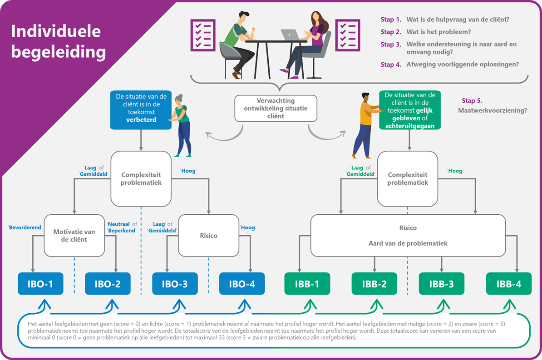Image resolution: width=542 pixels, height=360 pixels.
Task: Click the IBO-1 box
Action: coord(40,284)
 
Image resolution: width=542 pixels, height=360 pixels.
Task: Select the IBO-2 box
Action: coord(108,284)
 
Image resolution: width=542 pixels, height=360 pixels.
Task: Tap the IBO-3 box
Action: coord(175,284)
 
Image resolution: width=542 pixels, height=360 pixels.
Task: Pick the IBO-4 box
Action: coord(241,284)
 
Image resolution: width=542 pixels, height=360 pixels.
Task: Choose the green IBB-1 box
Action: coord(307,284)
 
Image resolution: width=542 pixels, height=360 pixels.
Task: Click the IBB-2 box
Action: coord(374,284)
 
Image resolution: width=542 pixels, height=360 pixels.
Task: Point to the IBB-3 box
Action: coord(441,284)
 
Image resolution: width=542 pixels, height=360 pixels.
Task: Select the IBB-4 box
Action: coord(508,284)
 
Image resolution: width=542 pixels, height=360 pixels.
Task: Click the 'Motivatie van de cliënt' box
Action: coord(74,236)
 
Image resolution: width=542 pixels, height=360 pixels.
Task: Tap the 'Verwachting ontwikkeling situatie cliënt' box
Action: coord(276,108)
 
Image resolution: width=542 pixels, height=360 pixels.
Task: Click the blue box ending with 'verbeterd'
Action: coord(141,110)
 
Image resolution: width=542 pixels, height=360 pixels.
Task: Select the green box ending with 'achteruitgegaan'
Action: coord(410,110)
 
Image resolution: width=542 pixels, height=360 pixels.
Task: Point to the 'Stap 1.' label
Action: coord(391,20)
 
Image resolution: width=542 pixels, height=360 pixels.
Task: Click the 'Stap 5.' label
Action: coord(472,101)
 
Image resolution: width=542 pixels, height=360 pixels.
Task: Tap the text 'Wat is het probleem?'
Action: coord(438,32)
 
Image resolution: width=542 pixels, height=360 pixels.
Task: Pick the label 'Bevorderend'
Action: coord(25,227)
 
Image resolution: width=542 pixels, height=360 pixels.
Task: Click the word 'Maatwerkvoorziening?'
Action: coord(493,110)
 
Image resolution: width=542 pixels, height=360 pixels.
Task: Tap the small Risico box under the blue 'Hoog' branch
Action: coord(208,236)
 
